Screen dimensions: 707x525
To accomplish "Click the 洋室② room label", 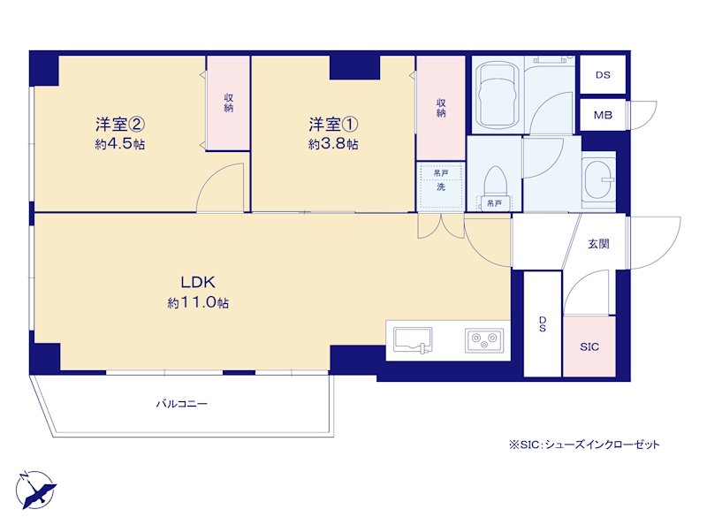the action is (120, 123).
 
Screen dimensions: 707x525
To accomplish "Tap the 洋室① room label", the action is (333, 123).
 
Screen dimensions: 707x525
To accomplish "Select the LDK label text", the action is (198, 282).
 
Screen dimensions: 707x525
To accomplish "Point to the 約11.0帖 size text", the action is (198, 302).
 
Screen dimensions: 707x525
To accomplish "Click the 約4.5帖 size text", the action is (120, 144).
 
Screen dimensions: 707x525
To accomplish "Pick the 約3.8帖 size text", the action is (333, 144).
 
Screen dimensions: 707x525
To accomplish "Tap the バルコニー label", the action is (182, 404).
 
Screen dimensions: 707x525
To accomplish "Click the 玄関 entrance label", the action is (598, 244).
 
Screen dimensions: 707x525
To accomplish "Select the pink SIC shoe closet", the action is (589, 346).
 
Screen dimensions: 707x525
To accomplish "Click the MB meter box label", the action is (603, 115).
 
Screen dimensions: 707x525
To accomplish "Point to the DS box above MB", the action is (603, 75).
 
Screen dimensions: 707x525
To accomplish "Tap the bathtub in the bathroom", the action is (498, 95).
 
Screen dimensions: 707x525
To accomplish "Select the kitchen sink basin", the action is (413, 339).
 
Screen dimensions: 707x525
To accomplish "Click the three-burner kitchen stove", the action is (484, 339).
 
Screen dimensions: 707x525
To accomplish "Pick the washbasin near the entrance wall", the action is (598, 180).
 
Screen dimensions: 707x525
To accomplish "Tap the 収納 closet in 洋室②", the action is (228, 103).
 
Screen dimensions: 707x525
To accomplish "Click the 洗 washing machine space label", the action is (440, 186).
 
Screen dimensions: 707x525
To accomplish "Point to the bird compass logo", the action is (36, 490).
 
